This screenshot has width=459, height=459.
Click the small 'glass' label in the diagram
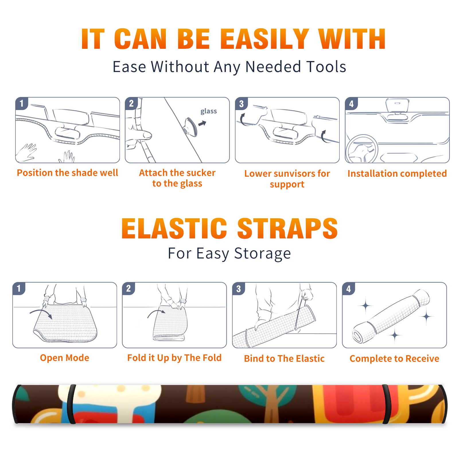(x=209, y=111)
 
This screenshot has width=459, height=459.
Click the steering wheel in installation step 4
(x=361, y=149)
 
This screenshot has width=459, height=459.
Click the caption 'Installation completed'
(x=397, y=174)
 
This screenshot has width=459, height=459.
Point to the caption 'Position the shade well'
(x=67, y=173)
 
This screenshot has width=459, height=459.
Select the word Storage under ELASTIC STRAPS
(x=262, y=254)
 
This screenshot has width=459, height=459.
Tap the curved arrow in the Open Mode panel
(x=41, y=313)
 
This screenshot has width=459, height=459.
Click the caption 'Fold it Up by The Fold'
(x=174, y=358)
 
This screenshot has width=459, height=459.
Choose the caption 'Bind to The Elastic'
(x=284, y=359)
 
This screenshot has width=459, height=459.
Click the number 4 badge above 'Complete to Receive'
(x=349, y=289)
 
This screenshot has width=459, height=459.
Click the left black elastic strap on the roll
(x=71, y=404)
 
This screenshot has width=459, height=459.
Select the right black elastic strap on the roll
(x=386, y=404)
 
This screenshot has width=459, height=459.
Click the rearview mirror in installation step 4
(x=397, y=106)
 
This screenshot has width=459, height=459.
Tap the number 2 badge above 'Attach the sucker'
(x=131, y=104)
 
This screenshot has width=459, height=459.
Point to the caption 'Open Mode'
(x=65, y=358)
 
